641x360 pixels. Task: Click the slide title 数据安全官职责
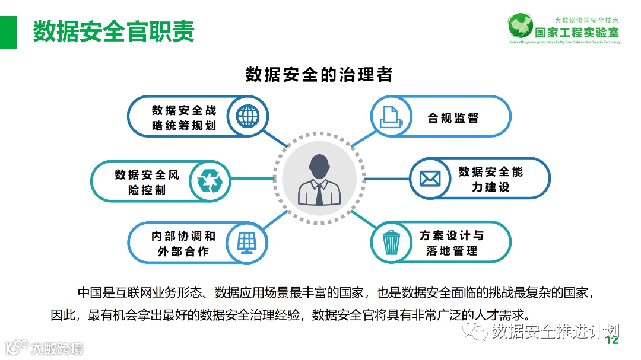[x=113, y=31]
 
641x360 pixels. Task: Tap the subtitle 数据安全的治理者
[x=319, y=75]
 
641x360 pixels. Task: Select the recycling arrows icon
[x=208, y=181]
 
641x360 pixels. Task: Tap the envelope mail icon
[x=431, y=179]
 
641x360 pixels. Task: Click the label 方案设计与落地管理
[x=451, y=243]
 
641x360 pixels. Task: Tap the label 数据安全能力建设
[x=491, y=179]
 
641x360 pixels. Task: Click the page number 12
[x=612, y=340]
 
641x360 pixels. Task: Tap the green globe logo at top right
[x=521, y=27]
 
